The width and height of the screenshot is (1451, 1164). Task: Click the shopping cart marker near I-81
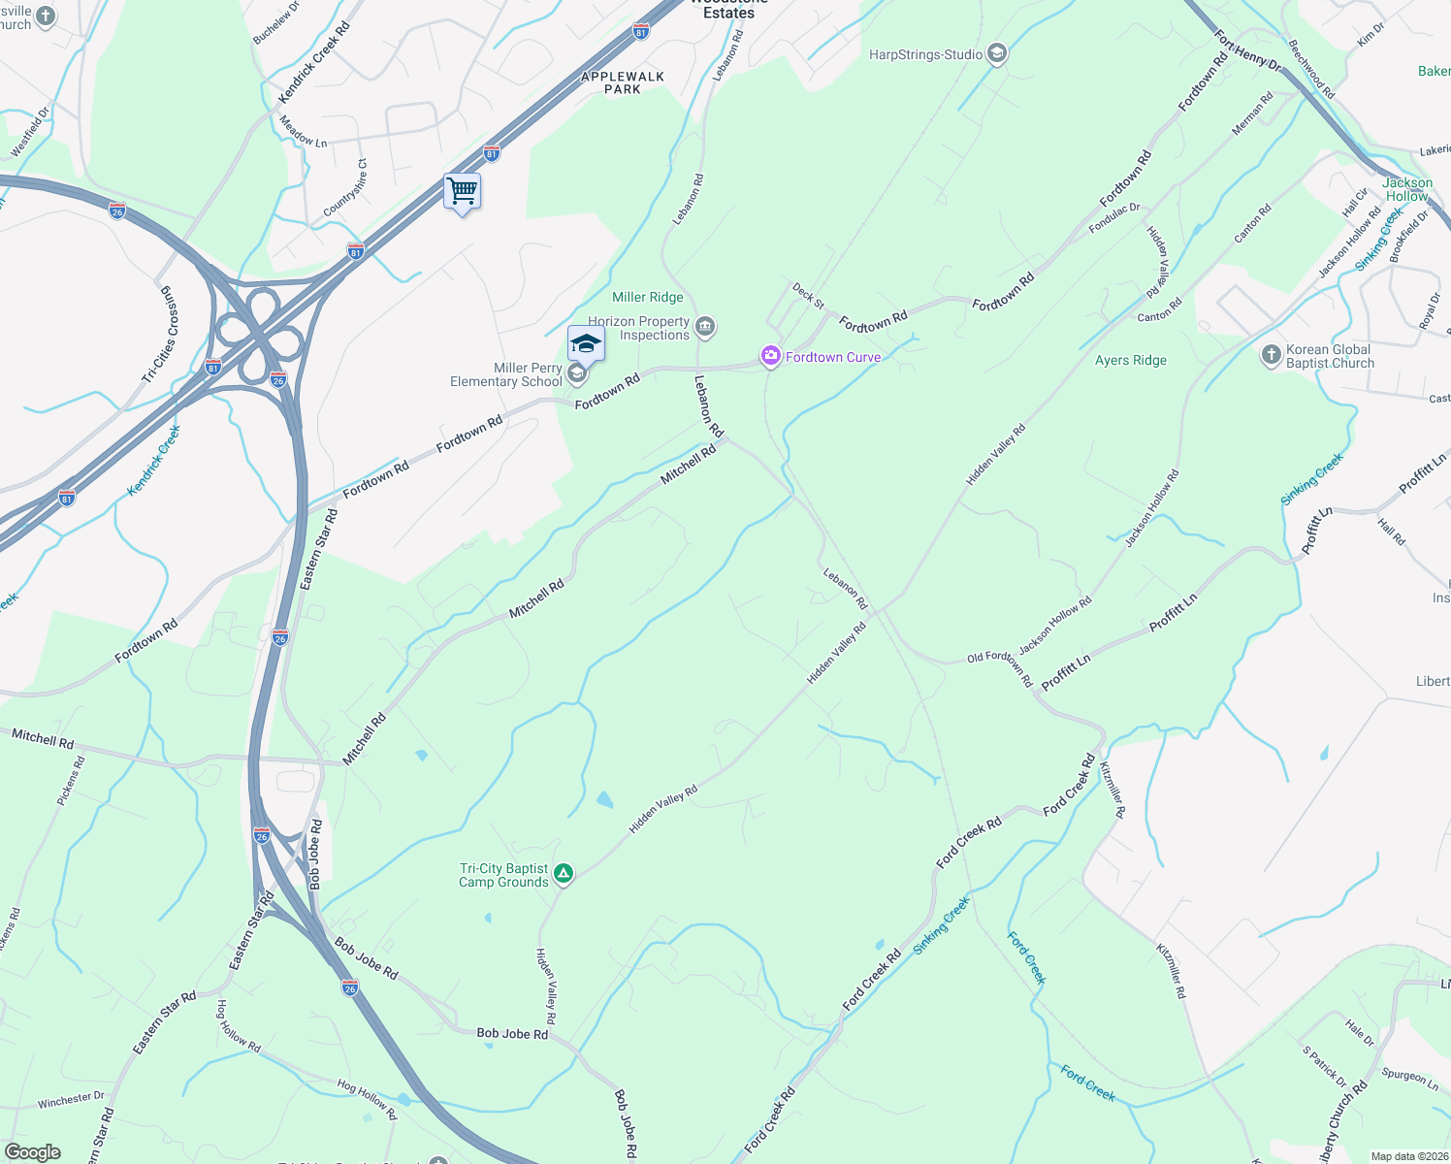pos(463,191)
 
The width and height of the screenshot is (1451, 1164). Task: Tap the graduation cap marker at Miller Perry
pos(586,344)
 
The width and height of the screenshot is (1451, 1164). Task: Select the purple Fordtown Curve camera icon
pos(771,357)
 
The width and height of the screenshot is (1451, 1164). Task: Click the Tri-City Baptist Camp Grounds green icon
pos(564,874)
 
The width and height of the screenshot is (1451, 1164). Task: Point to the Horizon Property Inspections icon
pos(706,327)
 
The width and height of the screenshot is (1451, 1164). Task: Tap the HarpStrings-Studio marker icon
pos(997,54)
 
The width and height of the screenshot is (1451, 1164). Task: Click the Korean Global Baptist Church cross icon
pos(1272,355)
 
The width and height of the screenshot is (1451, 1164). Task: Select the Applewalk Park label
pos(623,82)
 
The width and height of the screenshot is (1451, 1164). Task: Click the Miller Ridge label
pos(648,298)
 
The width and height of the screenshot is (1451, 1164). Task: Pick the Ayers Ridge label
pos(1131,360)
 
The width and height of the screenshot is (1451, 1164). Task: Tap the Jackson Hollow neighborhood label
pos(1406,189)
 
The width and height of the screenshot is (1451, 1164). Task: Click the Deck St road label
pos(808,296)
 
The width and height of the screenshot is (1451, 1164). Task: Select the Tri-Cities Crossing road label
pos(162,336)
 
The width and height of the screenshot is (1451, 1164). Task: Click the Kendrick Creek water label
pos(154,461)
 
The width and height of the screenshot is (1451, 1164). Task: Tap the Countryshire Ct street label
pos(346,188)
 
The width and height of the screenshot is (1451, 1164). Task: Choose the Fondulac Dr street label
pos(1114,218)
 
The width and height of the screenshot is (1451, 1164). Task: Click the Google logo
pos(33,1151)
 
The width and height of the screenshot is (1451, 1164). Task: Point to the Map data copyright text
pos(1406,1156)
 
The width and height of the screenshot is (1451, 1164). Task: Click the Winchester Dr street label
pos(71,1101)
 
